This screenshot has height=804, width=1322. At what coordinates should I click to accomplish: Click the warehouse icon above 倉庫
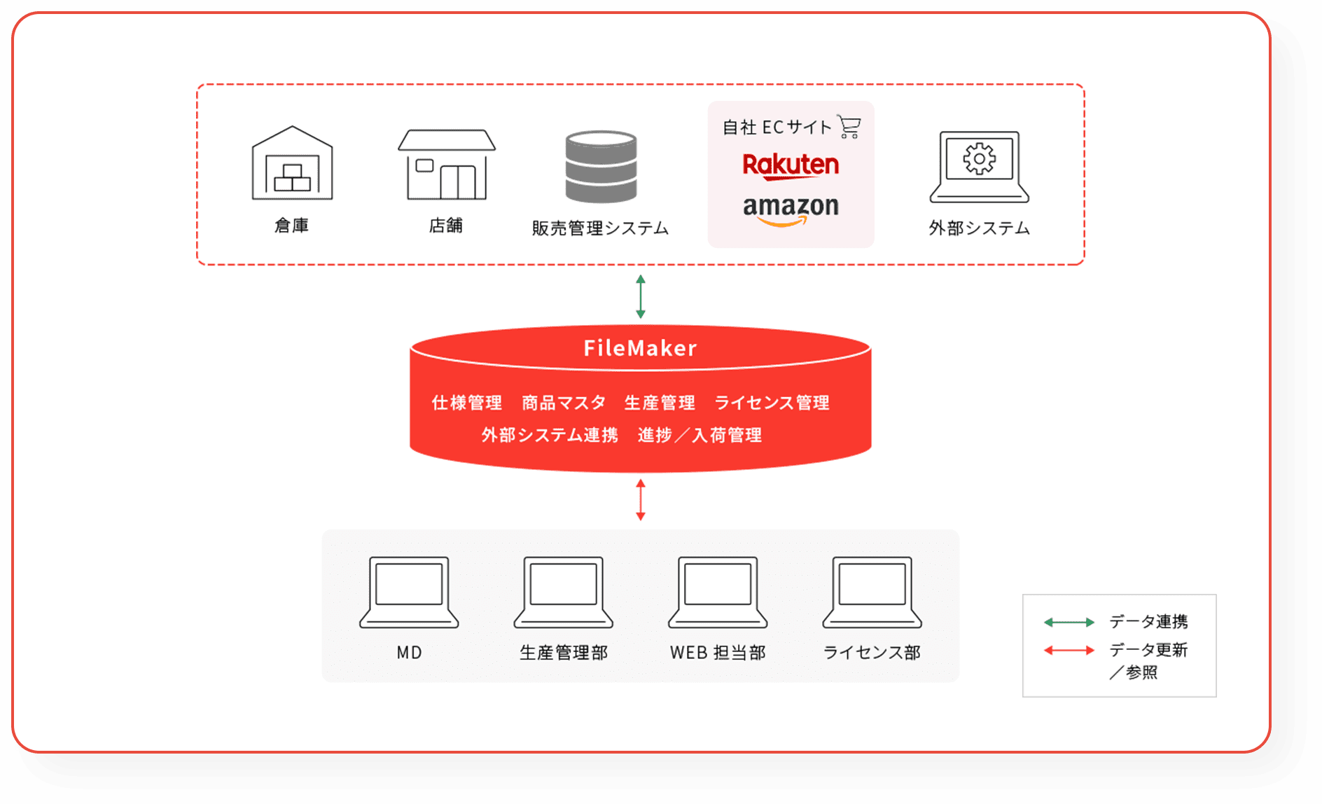(292, 163)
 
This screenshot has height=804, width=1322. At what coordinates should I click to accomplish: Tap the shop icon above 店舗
(447, 165)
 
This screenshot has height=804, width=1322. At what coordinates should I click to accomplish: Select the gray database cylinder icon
(601, 167)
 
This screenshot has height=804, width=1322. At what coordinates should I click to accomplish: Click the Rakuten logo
(791, 165)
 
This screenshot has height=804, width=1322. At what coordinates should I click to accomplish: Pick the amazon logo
(791, 209)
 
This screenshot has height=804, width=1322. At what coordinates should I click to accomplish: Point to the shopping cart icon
(849, 127)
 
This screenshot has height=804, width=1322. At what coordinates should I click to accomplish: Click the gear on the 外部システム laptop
(979, 159)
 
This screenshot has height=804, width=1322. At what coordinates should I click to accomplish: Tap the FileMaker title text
(640, 348)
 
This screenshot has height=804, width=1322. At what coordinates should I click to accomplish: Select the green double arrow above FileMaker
(640, 296)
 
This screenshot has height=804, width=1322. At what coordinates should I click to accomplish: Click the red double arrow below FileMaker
(640, 499)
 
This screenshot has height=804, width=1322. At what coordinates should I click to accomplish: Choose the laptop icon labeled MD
(409, 592)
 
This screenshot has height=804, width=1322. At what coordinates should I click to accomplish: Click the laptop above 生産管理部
(563, 592)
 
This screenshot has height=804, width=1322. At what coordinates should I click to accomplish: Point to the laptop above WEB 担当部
(718, 592)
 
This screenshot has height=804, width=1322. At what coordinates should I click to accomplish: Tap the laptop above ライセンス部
(872, 592)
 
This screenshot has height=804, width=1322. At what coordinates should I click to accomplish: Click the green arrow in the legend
(1069, 622)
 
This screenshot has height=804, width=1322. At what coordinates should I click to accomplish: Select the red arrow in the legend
(1069, 650)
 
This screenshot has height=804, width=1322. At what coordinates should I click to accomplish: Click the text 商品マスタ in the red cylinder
(564, 403)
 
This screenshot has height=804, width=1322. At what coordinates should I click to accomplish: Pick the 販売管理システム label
(600, 228)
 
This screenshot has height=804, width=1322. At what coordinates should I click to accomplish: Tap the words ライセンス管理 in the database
(772, 403)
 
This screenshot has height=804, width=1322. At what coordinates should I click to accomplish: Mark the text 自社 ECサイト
(777, 127)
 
